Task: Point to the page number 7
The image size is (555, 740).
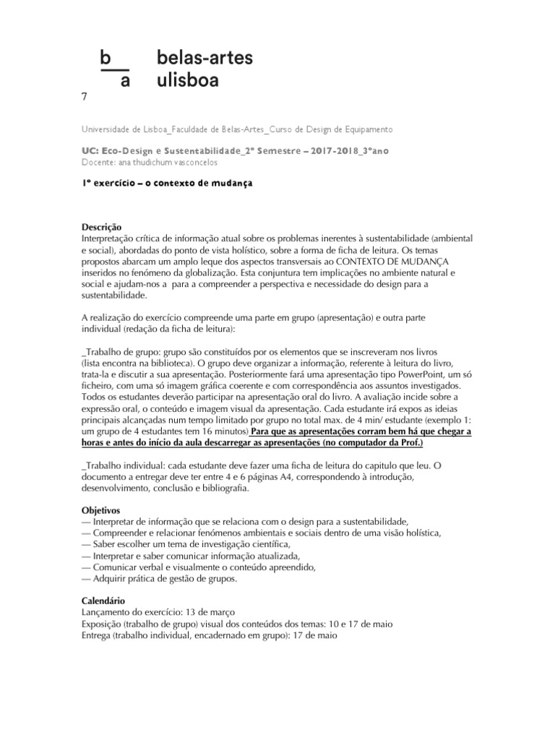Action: tap(85, 97)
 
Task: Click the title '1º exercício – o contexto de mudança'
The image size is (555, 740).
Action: tap(168, 184)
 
